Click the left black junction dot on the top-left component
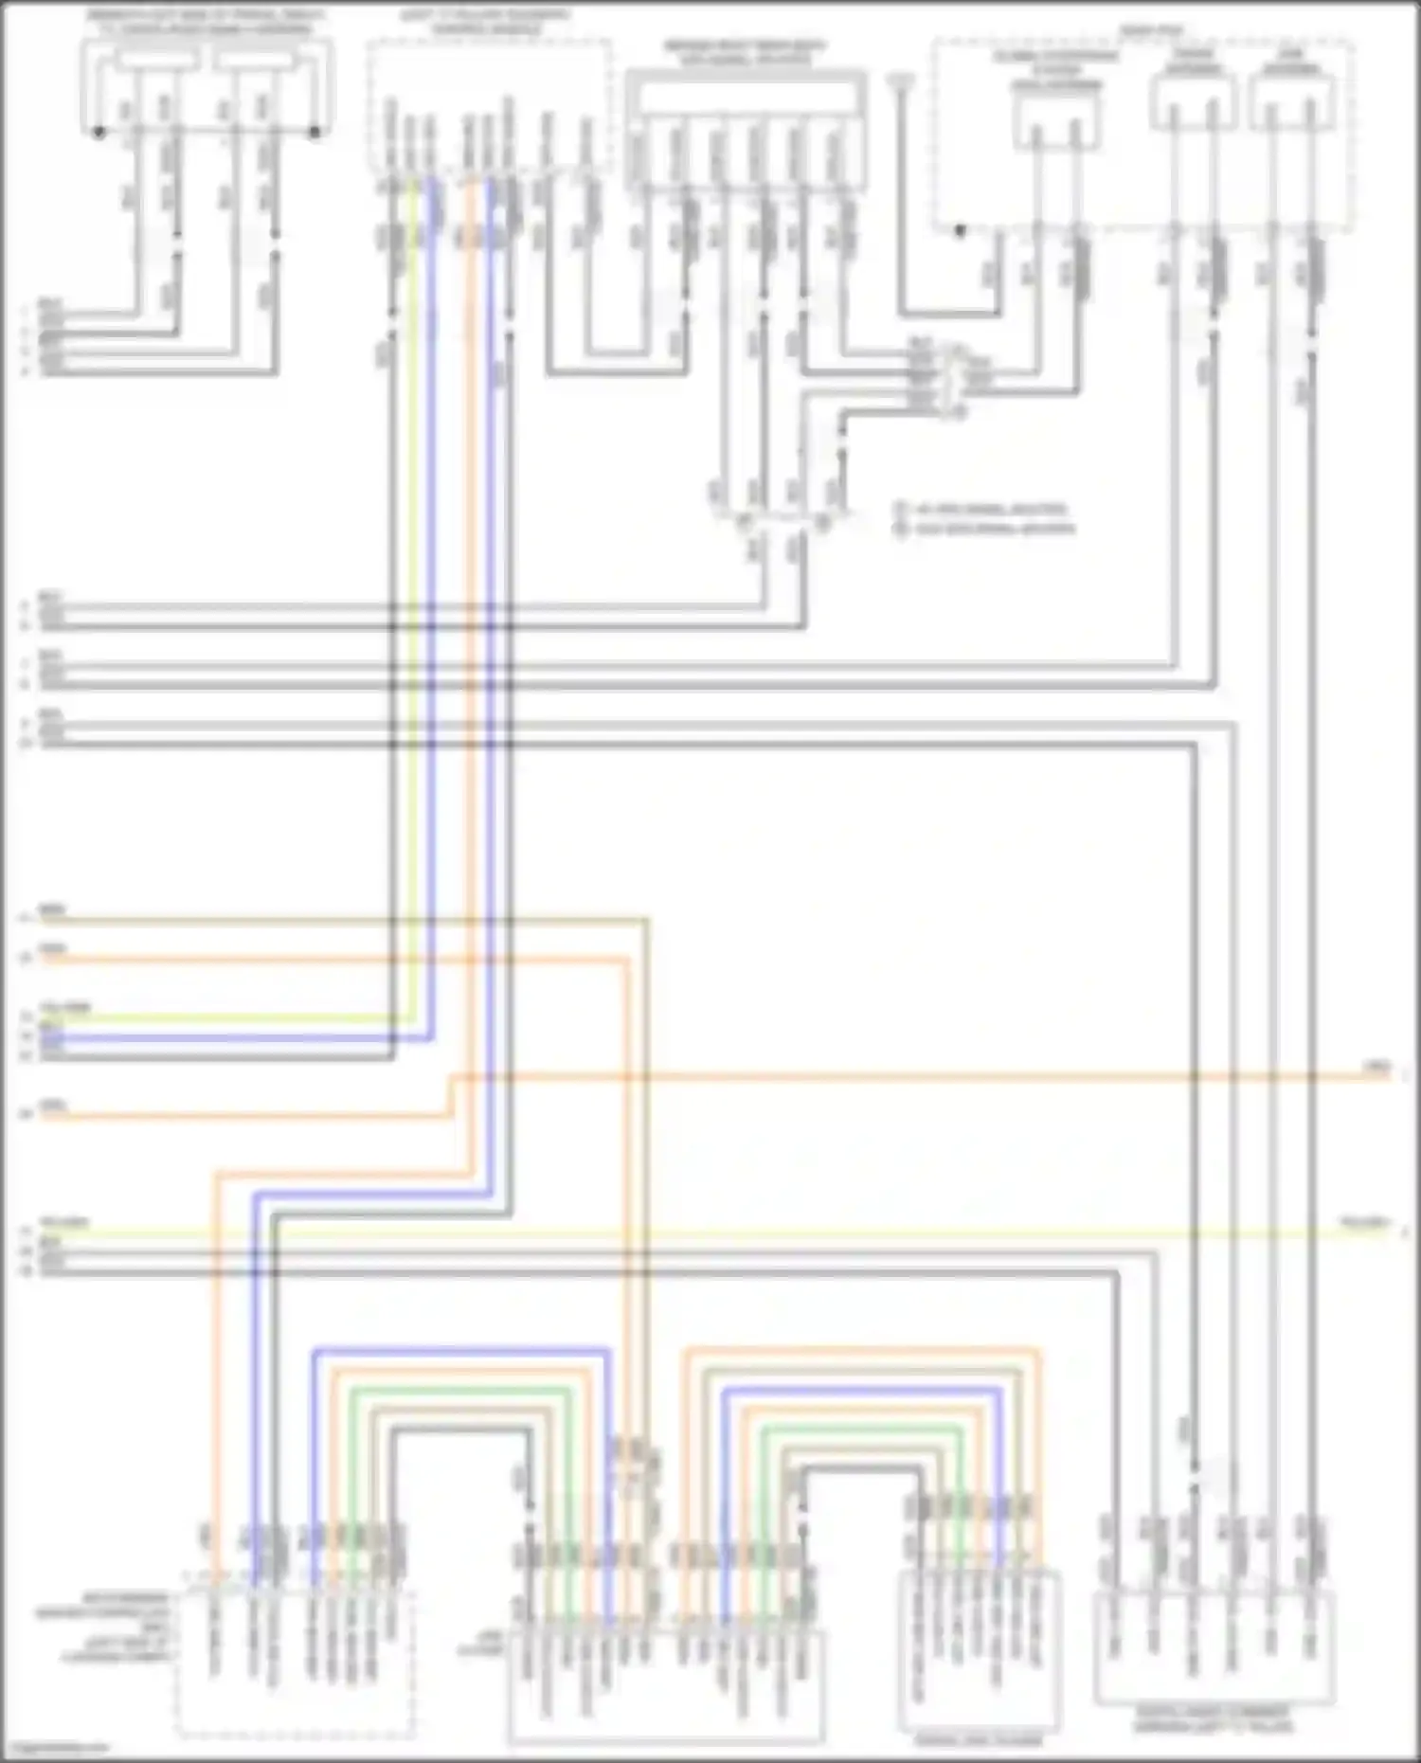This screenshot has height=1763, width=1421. click(99, 132)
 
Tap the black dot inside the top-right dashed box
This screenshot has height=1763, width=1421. click(960, 229)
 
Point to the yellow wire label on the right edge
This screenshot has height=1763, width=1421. click(1364, 1223)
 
